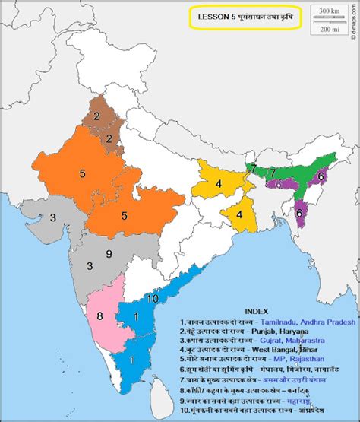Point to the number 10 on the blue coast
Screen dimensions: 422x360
[x=153, y=299]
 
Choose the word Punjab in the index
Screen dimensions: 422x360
[x=276, y=332]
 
